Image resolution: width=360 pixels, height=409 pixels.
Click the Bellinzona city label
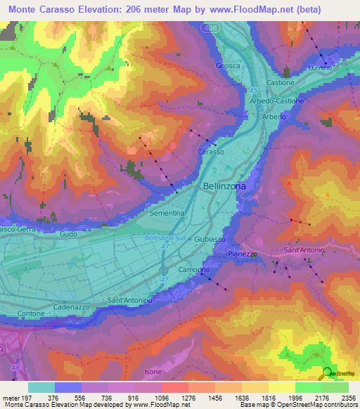click(224, 186)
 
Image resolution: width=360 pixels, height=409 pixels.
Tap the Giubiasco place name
click(208, 239)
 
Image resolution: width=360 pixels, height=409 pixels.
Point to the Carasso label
click(211, 152)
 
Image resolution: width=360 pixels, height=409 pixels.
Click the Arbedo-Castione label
click(277, 101)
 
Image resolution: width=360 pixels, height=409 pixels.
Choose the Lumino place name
click(320, 67)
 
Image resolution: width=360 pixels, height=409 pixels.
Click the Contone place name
click(31, 313)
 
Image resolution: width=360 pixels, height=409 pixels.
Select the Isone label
click(153, 371)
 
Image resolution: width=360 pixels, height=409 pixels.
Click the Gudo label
click(68, 233)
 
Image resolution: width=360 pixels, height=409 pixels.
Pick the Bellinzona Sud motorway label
click(165, 238)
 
